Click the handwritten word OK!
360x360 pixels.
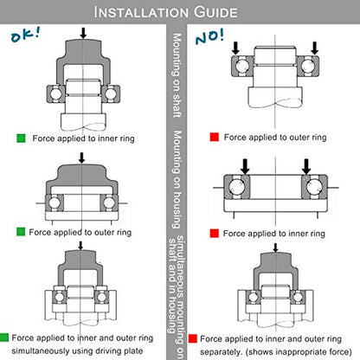tap(25, 35)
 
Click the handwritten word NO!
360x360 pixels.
tap(209, 37)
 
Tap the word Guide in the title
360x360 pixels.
tap(215, 12)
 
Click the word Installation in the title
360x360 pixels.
tap(141, 12)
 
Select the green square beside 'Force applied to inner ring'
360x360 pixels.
tap(21, 138)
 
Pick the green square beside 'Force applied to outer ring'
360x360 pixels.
tap(21, 232)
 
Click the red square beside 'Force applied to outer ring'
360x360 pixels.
tap(215, 137)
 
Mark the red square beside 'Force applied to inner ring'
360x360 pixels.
tap(215, 233)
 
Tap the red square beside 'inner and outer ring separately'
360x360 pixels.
tap(193, 338)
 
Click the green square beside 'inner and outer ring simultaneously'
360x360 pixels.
tap(4, 337)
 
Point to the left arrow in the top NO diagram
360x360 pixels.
tap(235, 48)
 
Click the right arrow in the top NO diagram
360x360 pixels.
tap(314, 48)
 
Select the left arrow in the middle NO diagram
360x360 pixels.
tap(245, 166)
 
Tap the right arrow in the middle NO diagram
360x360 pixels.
tap(306, 166)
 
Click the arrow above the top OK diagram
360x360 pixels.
tap(83, 33)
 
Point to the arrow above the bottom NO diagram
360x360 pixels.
tap(275, 247)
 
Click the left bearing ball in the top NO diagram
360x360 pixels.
tap(241, 66)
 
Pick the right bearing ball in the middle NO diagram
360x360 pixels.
tap(314, 187)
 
